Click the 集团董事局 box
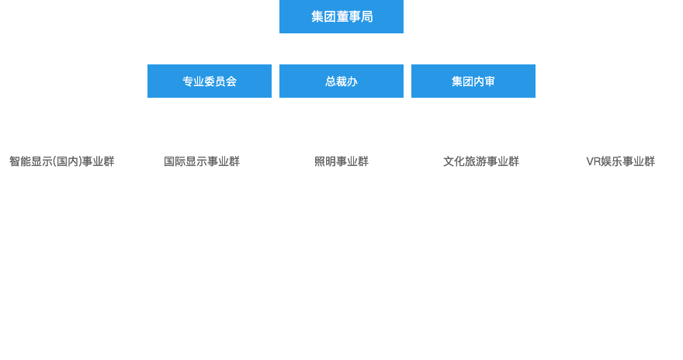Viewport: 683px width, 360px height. point(341,17)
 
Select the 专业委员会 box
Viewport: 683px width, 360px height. point(210,81)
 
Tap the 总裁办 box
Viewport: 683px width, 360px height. point(341,81)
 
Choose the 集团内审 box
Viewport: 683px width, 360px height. point(473,81)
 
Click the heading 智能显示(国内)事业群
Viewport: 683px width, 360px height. point(62,161)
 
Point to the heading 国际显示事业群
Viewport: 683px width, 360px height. point(202,161)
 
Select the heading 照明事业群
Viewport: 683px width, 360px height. point(341,161)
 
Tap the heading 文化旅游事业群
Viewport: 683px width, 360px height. point(481,161)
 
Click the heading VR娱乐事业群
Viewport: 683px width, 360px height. point(620,161)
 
